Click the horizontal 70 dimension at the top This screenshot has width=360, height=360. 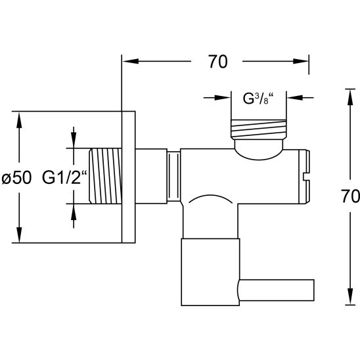coord(218,62)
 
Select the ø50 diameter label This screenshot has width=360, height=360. coord(16,178)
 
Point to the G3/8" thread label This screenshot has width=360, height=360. coord(258,99)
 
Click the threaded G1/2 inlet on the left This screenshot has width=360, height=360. coord(105,176)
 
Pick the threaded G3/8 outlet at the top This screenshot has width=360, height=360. coord(258,129)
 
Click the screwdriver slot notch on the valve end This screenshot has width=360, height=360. coord(307,177)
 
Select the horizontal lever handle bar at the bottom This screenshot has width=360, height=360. coord(276,290)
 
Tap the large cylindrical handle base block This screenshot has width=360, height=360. coord(210,272)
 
